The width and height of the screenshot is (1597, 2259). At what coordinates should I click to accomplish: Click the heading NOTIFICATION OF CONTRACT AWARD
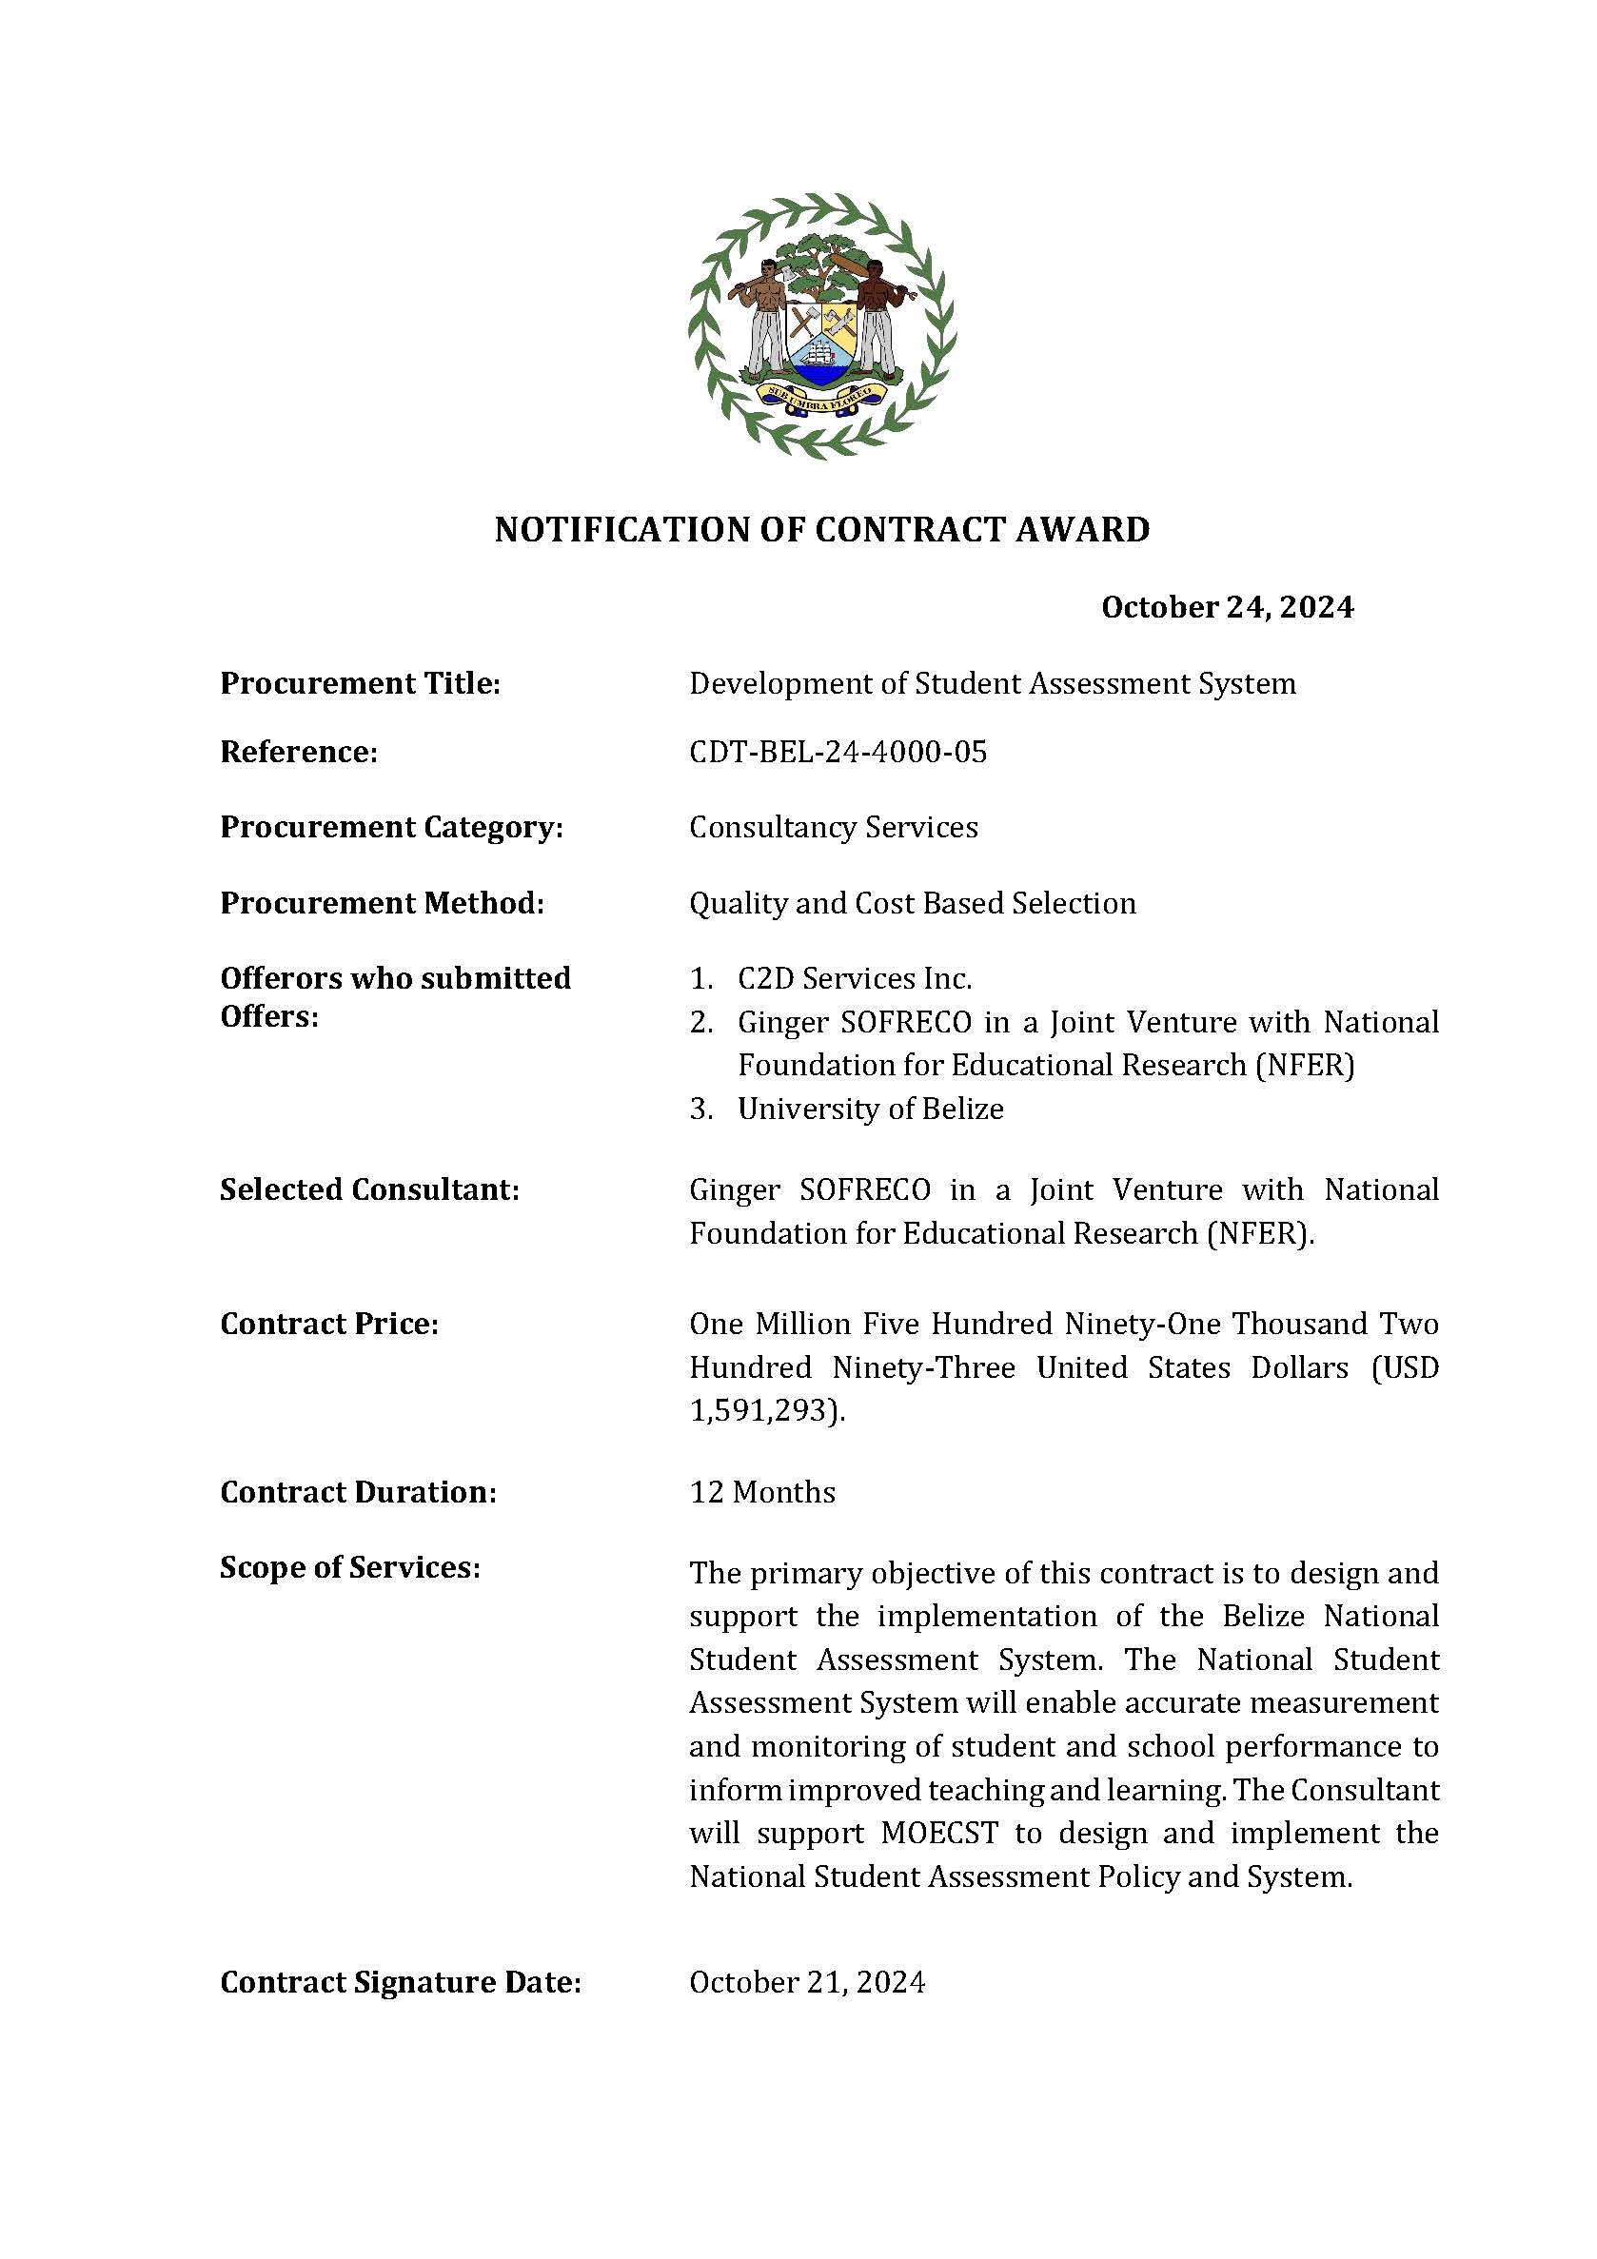click(x=821, y=529)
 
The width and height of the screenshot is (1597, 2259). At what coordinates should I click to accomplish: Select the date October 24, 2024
click(x=1227, y=607)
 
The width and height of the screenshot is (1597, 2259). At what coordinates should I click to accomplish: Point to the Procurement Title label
click(x=360, y=683)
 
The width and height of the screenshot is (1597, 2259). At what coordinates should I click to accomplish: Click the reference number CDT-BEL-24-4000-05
click(x=838, y=752)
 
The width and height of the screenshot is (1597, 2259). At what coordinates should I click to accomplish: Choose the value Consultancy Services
click(x=834, y=828)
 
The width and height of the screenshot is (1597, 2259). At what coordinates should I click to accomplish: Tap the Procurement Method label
click(x=382, y=903)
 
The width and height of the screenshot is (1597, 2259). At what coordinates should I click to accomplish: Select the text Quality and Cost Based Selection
click(x=912, y=903)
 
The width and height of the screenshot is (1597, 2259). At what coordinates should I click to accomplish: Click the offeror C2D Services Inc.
click(x=854, y=979)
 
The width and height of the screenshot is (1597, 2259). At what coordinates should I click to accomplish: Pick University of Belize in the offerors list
click(x=871, y=1109)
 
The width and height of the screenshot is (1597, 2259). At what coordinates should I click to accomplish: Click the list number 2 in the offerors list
click(x=700, y=1023)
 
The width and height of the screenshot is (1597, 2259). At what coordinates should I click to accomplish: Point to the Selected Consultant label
click(x=369, y=1189)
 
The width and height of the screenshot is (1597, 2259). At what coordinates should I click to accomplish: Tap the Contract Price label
click(x=328, y=1325)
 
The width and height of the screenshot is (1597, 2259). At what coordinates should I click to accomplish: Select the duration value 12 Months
click(x=762, y=1493)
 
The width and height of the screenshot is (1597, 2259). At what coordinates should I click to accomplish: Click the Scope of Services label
click(x=350, y=1567)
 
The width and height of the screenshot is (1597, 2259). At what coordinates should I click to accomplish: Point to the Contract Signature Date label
click(x=401, y=1982)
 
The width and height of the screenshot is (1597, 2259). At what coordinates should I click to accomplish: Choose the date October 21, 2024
click(x=807, y=1982)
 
